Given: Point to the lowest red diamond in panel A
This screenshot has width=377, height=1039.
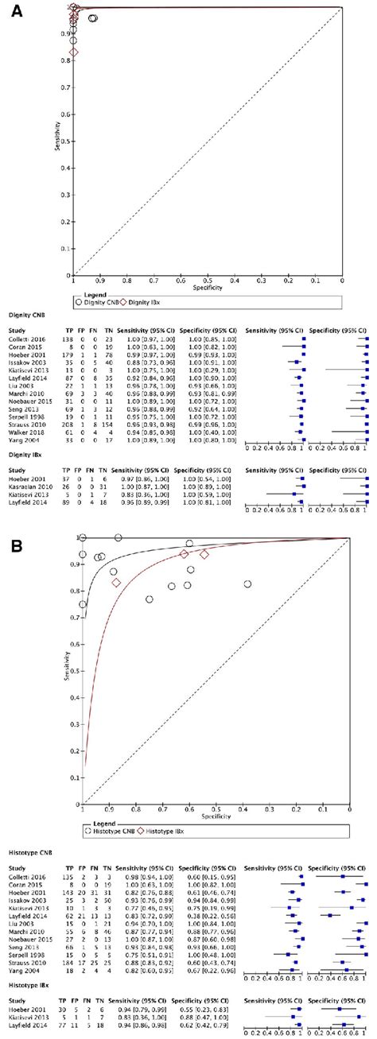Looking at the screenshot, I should pyautogui.click(x=74, y=52).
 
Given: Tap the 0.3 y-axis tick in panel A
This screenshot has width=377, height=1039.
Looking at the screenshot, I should pyautogui.click(x=66, y=196).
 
